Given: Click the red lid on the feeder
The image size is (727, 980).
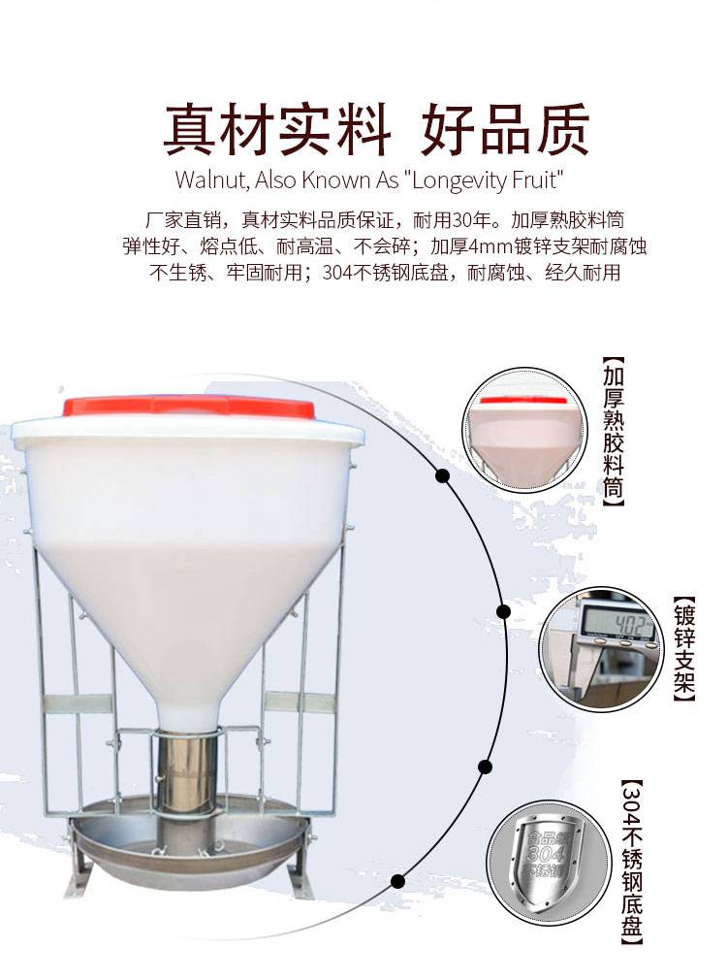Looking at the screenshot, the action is pyautogui.click(x=189, y=407).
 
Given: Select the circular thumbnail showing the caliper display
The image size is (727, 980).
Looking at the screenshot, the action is pyautogui.click(x=600, y=649).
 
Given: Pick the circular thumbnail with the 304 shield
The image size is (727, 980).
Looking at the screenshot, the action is pyautogui.click(x=549, y=864).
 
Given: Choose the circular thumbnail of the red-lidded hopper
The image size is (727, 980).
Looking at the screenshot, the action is pyautogui.click(x=524, y=431).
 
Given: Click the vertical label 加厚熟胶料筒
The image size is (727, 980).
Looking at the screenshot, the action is pyautogui.click(x=614, y=431).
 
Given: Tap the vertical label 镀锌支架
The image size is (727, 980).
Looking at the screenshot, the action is pyautogui.click(x=684, y=649).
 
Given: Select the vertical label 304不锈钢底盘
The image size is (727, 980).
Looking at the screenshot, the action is pyautogui.click(x=632, y=862).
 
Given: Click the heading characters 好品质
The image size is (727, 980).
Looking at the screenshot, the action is pyautogui.click(x=505, y=130).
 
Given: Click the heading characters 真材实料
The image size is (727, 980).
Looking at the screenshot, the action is pyautogui.click(x=277, y=130).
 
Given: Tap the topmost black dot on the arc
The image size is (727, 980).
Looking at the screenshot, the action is pyautogui.click(x=443, y=476).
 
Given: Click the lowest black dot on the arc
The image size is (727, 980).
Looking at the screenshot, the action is pyautogui.click(x=397, y=882).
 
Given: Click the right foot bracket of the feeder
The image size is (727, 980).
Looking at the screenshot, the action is pyautogui.click(x=299, y=864).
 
